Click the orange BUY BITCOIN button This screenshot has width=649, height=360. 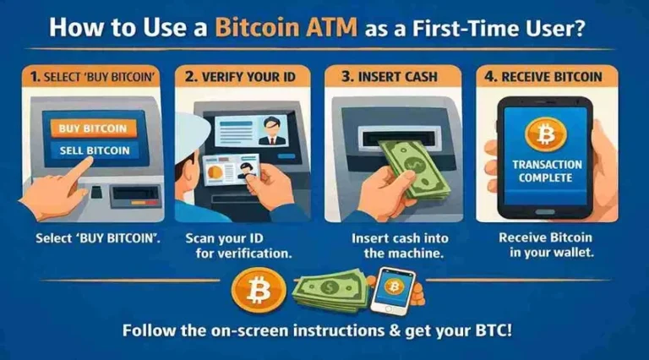tap(93, 128)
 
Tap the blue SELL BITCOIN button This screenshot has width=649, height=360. tap(95, 150)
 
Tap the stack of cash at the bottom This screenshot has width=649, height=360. tap(330, 289)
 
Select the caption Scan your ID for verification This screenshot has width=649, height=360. tap(238, 246)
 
